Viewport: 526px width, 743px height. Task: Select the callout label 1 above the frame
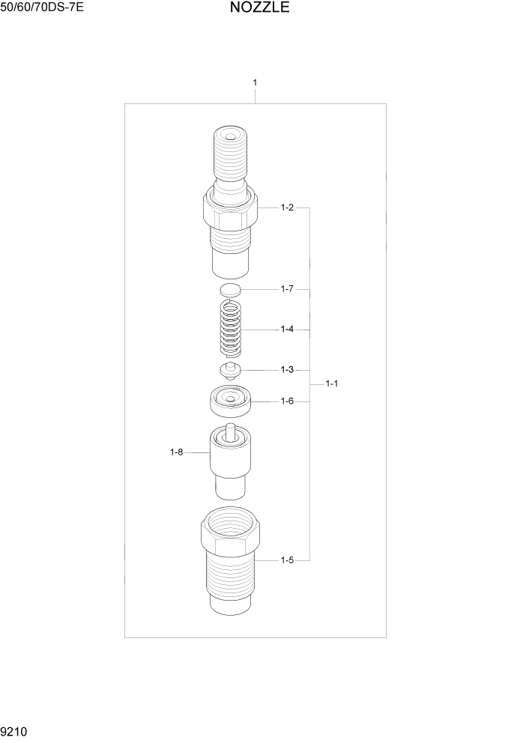point(256,82)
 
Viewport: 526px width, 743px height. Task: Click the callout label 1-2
point(287,207)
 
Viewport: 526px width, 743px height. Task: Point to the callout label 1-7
point(287,289)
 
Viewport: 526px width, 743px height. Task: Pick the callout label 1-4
point(287,329)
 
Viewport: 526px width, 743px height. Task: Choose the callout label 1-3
point(287,369)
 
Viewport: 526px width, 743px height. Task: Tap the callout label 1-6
point(287,401)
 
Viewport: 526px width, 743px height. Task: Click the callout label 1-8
point(176,452)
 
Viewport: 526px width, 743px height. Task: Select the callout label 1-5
point(287,559)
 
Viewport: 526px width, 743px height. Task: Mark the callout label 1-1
point(332,383)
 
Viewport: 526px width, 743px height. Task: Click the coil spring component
point(231,328)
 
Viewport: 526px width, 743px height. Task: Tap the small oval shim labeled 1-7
point(231,289)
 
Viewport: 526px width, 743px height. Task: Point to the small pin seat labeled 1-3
point(230,370)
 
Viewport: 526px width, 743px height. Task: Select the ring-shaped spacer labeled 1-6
point(230,401)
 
